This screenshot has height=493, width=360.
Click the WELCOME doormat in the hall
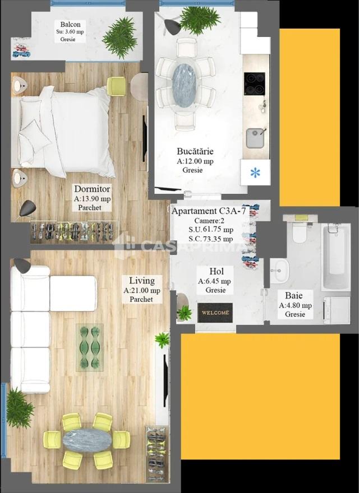pos(215,313)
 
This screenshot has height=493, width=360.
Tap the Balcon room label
pos(70,24)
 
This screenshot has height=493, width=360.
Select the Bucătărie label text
pos(195,151)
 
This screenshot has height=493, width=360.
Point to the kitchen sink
pos(255,138)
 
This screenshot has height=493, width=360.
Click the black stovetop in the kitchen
pos(254,83)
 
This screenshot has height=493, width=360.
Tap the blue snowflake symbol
pos(255,173)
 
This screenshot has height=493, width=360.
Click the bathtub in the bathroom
pos(335,257)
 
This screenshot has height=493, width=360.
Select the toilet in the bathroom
pos(299,231)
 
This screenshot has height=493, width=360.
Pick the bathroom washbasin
pos(279,271)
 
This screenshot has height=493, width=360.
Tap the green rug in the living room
pos(90,347)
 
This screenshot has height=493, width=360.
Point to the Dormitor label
pos(92,189)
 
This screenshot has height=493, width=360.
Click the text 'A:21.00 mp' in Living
pos(142,291)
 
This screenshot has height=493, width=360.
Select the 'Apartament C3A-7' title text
pos(209,211)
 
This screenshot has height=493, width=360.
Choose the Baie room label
pos(294,295)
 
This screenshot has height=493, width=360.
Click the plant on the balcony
pos(120,38)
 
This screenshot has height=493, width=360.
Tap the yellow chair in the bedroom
pos(117,86)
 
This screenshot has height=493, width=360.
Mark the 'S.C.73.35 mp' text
pos(211,239)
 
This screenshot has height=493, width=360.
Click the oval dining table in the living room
pos(87,440)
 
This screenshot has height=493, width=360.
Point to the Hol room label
pos(216,271)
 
